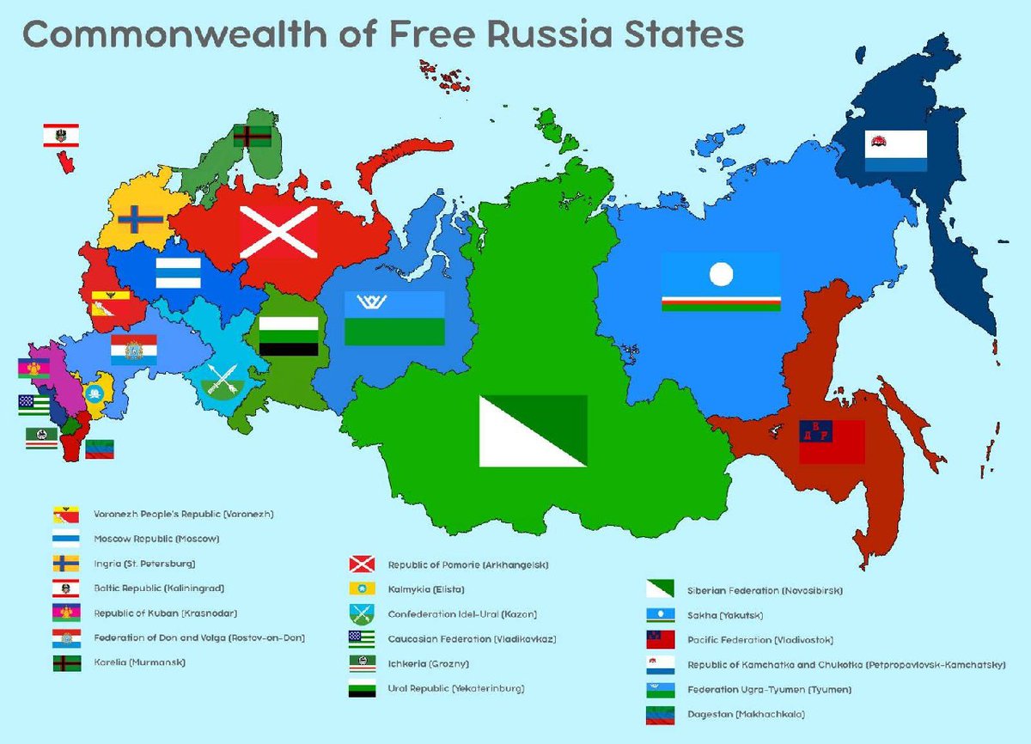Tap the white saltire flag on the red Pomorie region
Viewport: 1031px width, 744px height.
point(278,232)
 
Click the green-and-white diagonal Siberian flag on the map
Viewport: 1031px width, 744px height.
point(533,430)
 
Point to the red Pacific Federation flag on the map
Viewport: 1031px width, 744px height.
point(831,442)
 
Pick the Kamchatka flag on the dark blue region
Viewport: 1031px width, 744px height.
point(895,150)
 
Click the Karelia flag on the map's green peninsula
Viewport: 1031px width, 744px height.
point(253,136)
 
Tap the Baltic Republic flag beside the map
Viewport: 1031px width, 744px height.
point(61,135)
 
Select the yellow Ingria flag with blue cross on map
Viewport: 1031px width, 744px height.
point(141,220)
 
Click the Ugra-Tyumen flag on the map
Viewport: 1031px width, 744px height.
point(394,318)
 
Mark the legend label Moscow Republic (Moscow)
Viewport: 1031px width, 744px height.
point(156,540)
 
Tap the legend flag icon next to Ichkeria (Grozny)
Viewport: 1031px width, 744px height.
point(361,663)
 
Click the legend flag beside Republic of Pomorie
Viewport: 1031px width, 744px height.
point(361,564)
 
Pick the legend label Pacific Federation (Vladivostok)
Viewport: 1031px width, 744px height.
point(760,640)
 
